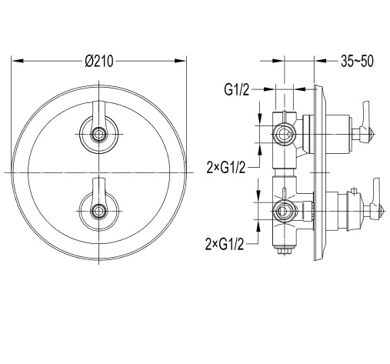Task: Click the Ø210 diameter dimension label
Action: pos(99,62)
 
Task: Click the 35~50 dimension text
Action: pos(357,61)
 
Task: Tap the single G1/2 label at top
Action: pos(236,90)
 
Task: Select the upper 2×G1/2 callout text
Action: pos(226,168)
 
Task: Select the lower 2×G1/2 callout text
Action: pos(225,244)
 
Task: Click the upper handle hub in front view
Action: pos(98,134)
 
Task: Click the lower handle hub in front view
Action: pos(98,211)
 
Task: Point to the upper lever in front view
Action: pos(98,115)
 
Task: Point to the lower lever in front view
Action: pos(98,191)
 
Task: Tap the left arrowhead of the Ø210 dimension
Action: pos(18,61)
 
